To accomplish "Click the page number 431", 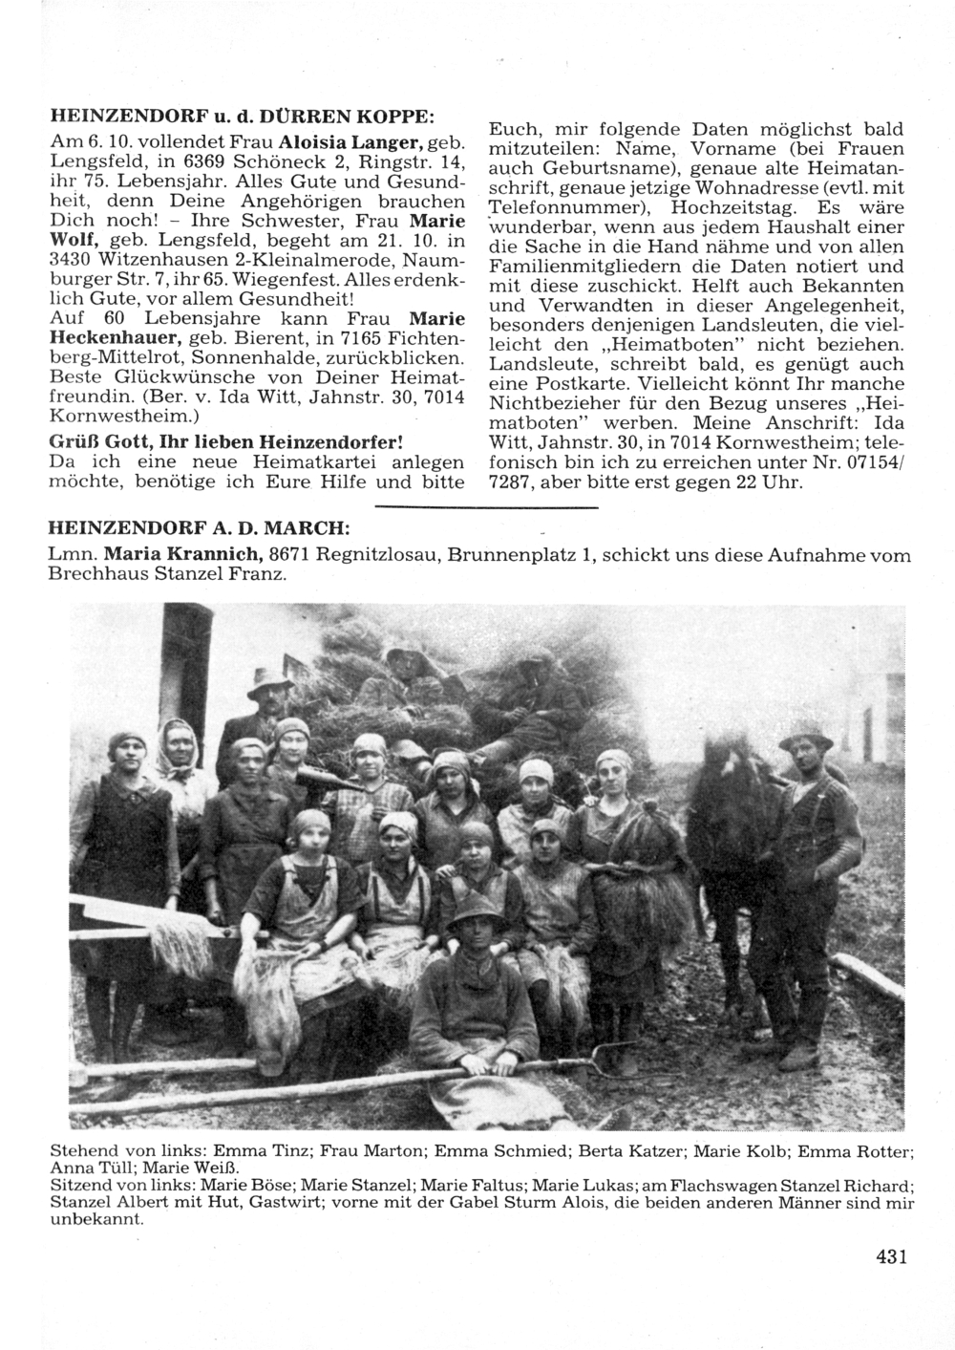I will pyautogui.click(x=890, y=1257).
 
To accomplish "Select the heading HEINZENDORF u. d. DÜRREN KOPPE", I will pyautogui.click(x=243, y=116).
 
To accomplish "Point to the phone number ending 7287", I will pyautogui.click(x=513, y=482).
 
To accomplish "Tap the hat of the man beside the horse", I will pyautogui.click(x=805, y=733).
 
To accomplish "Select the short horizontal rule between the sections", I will pyautogui.click(x=486, y=506).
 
